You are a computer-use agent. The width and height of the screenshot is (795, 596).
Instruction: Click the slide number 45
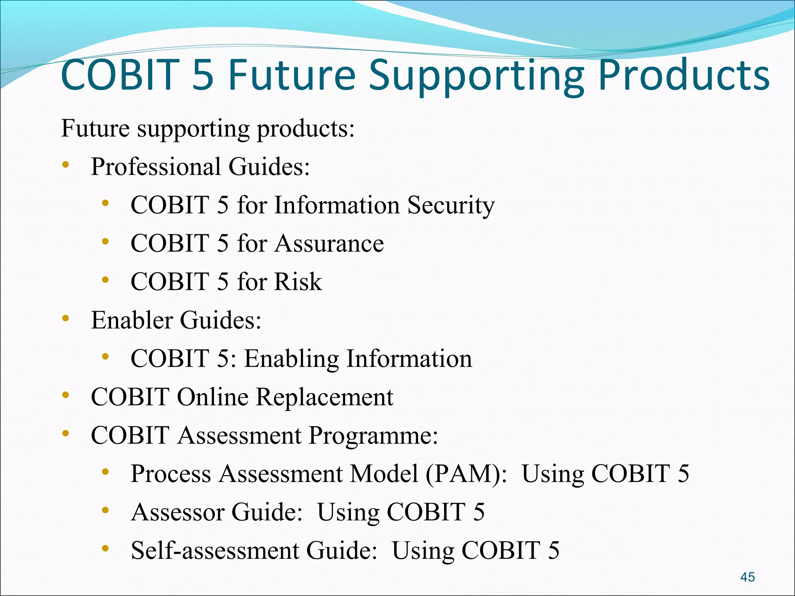[x=747, y=577]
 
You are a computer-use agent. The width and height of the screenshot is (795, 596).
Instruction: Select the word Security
[x=451, y=206]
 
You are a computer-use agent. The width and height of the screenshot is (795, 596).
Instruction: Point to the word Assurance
[x=330, y=244]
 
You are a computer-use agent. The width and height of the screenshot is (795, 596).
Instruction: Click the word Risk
[x=298, y=282]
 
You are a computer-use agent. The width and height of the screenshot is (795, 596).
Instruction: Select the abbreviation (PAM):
[x=466, y=474]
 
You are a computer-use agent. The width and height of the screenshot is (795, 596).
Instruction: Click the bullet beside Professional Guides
[x=65, y=165]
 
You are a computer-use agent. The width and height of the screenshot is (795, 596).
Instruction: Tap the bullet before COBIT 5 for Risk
[x=105, y=280]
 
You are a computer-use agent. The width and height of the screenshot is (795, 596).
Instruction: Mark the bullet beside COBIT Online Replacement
[x=65, y=395]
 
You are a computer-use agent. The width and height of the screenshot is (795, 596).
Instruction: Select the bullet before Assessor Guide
[x=105, y=510]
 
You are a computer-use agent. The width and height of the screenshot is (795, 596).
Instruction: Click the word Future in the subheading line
[x=95, y=128]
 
